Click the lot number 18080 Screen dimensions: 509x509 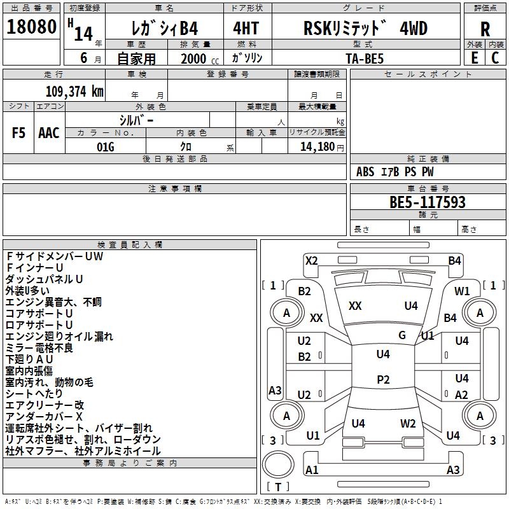32,29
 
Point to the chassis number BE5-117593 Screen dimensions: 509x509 428,203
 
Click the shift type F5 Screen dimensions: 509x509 18,133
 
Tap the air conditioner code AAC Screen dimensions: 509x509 49,133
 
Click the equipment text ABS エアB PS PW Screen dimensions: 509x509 395,172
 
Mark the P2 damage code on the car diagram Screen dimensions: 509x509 383,379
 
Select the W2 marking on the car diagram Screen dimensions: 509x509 408,424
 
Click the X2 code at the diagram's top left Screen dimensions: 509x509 311,260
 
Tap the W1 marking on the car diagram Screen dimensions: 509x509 462,291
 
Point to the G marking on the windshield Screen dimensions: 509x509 402,335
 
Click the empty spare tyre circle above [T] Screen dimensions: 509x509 278,464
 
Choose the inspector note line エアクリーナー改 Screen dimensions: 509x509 45,405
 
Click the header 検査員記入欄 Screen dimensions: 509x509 130,245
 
